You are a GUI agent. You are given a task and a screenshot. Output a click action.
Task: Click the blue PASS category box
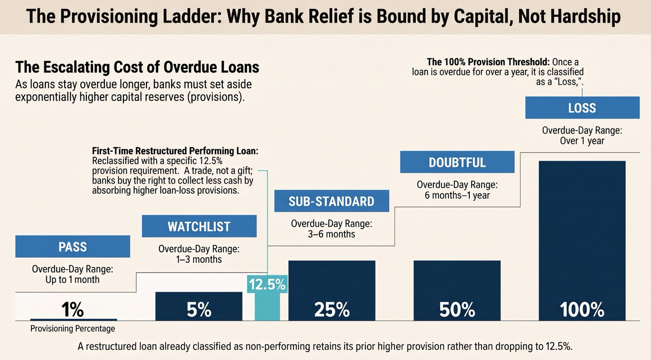(x=72, y=247)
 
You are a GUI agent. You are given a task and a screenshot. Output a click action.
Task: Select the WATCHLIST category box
(x=199, y=226)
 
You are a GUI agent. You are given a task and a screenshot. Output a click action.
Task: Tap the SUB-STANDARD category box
(x=332, y=201)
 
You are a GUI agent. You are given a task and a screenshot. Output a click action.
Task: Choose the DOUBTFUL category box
(x=457, y=162)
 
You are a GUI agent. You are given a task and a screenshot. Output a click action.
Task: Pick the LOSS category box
(x=583, y=108)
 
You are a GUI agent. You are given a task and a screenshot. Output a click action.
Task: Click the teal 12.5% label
(x=267, y=284)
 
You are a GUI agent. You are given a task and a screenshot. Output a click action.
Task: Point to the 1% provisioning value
(x=72, y=309)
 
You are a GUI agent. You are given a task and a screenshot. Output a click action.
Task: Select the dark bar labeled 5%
(x=199, y=307)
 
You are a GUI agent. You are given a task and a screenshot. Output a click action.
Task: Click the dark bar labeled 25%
(x=332, y=290)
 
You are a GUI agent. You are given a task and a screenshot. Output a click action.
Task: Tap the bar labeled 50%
(x=457, y=290)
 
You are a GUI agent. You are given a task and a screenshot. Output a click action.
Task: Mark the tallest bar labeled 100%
(x=582, y=241)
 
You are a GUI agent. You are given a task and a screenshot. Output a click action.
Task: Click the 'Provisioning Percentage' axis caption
(x=72, y=329)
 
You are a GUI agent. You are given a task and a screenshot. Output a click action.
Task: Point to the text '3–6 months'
(x=332, y=234)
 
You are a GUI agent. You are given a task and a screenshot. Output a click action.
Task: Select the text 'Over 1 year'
(x=582, y=140)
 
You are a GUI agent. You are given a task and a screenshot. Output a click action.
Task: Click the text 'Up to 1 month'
(x=72, y=279)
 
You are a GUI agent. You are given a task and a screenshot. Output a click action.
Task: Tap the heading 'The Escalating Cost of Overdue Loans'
(x=137, y=67)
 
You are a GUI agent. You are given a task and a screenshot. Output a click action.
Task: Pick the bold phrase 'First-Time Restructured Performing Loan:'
(x=175, y=151)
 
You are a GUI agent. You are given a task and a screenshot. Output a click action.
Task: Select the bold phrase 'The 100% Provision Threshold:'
(x=488, y=62)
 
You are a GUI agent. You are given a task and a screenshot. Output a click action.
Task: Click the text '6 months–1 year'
(x=457, y=195)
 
